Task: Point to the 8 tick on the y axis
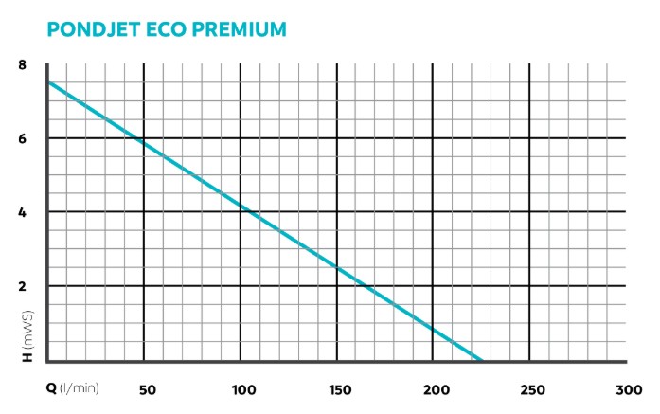[x=22, y=65]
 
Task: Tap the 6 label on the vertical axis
[x=22, y=138]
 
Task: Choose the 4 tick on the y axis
[x=22, y=212]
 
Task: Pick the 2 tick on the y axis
[x=22, y=286]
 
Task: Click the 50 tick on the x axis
[x=148, y=389]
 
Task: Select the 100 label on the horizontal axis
[x=244, y=389]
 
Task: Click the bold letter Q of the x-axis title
[x=51, y=389]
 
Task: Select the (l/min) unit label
[x=80, y=389]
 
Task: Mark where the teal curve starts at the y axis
[x=47, y=83]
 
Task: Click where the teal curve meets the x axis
[x=481, y=361]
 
